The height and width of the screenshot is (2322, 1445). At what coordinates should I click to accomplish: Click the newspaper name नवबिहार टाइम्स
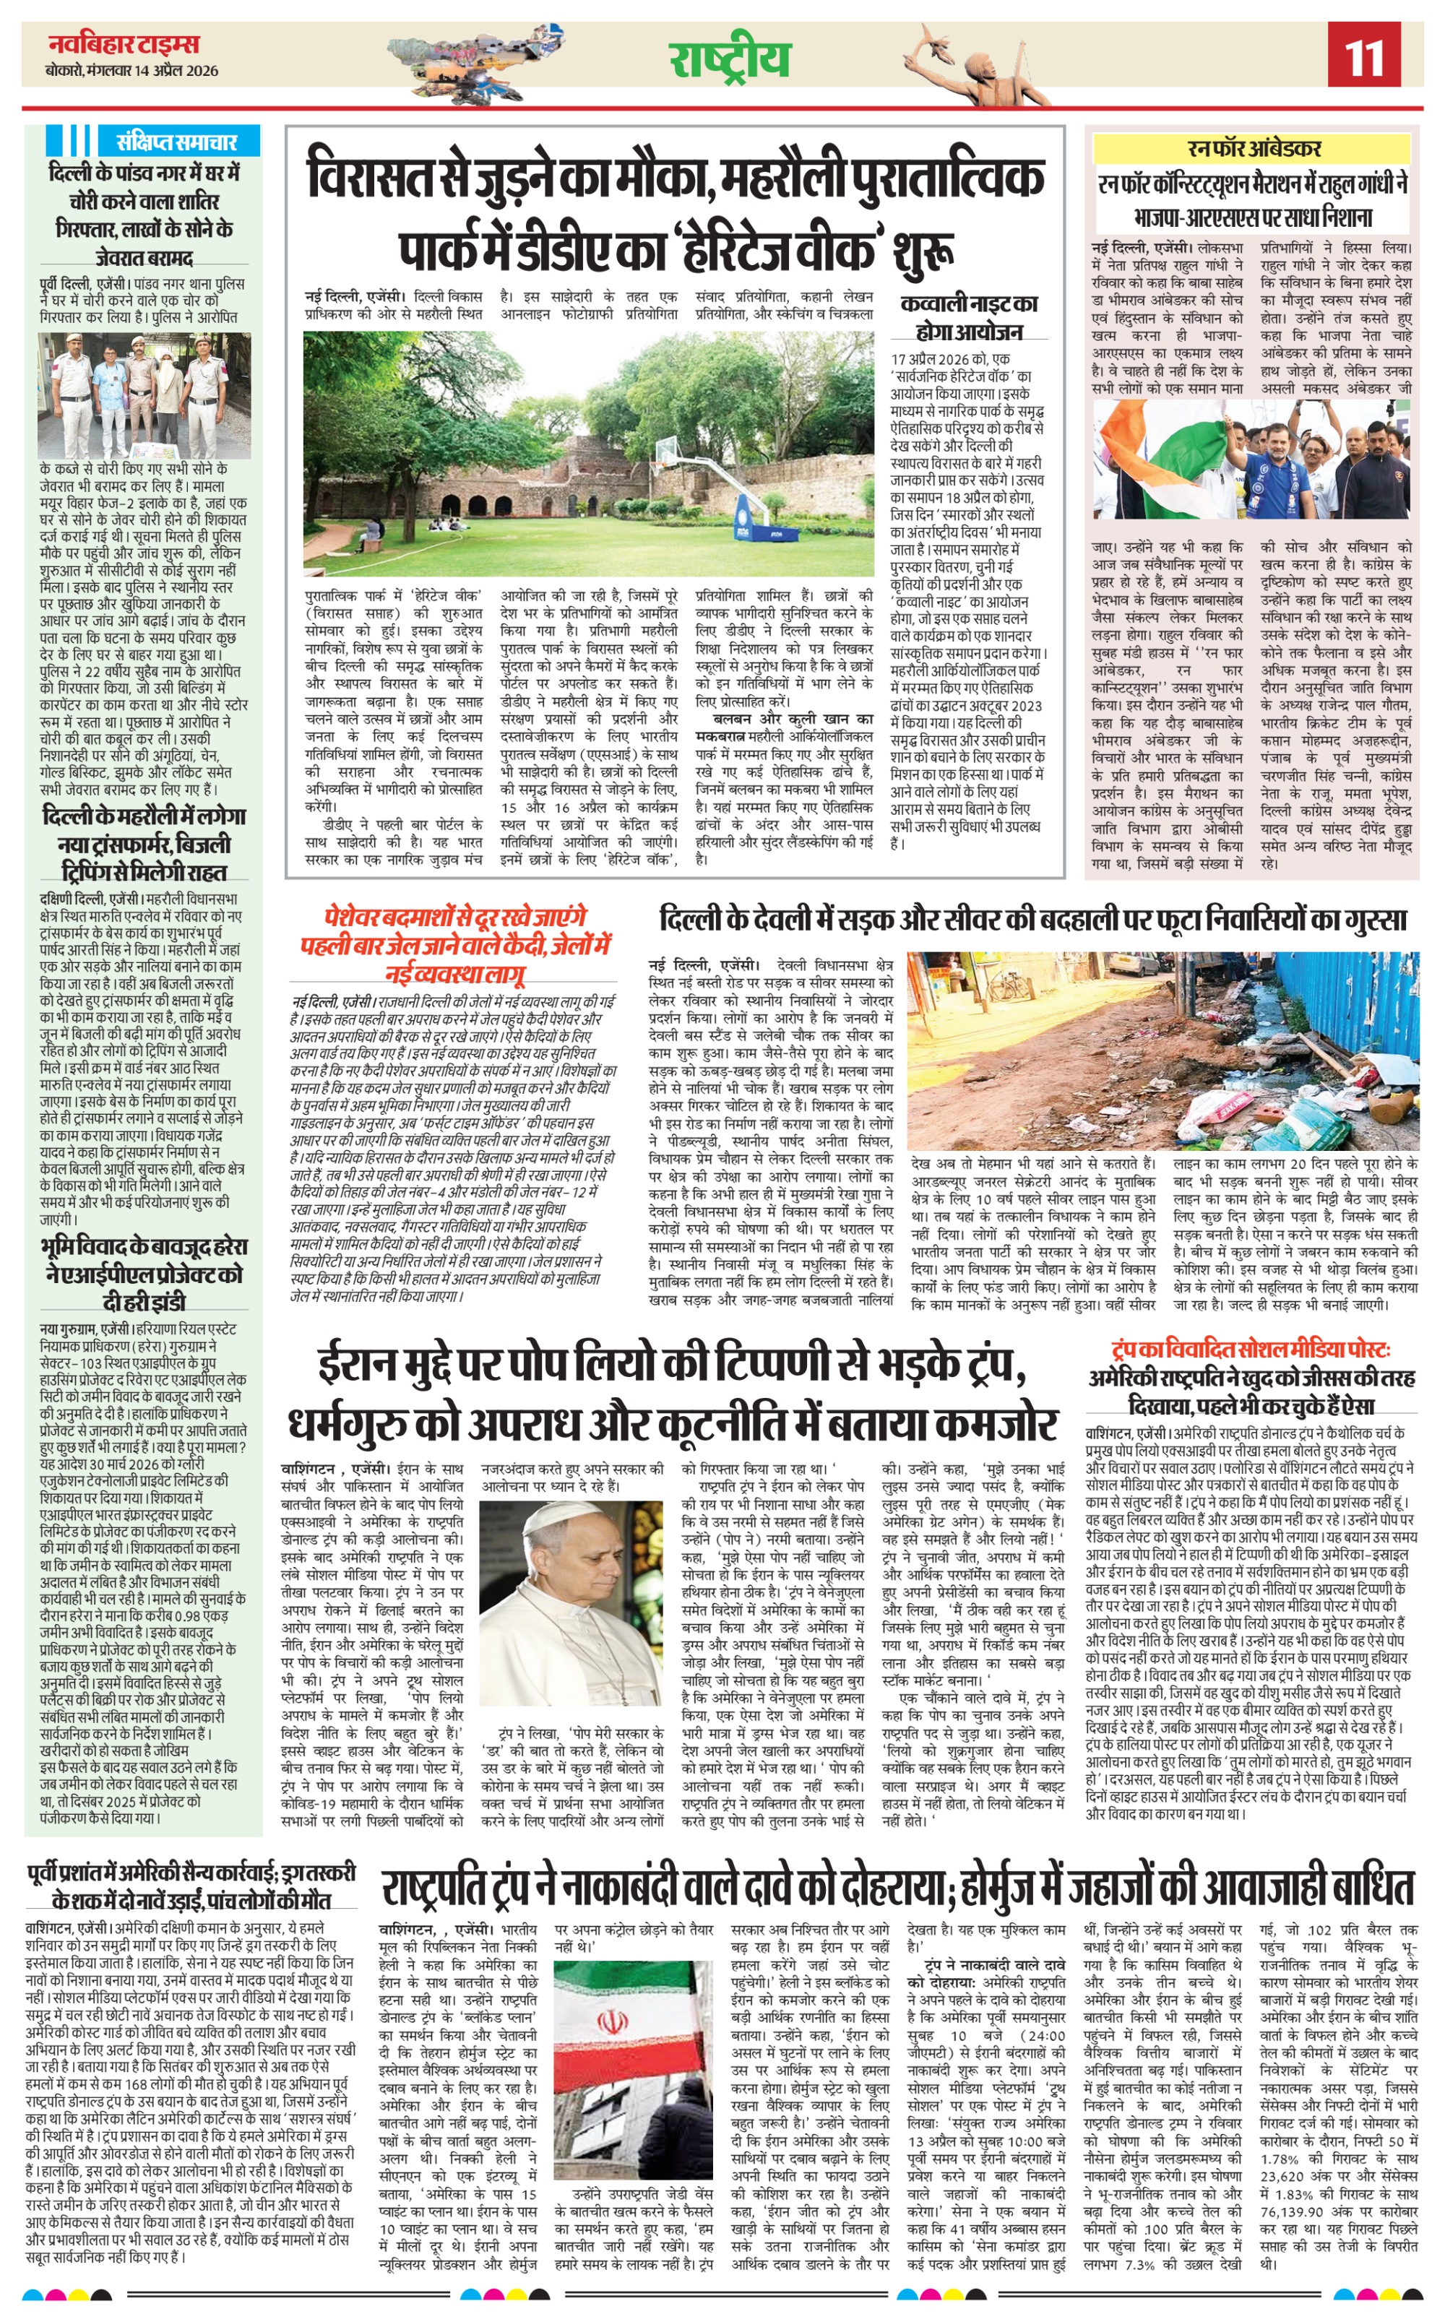[x=124, y=44]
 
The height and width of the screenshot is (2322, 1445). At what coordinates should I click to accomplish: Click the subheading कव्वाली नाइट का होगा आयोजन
[x=969, y=317]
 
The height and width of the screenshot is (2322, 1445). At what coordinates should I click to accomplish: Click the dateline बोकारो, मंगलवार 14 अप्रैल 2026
[x=132, y=71]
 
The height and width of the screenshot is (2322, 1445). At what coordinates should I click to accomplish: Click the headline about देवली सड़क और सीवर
[x=1032, y=920]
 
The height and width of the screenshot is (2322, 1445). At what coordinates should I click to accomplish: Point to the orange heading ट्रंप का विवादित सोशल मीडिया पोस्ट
[x=1250, y=1350]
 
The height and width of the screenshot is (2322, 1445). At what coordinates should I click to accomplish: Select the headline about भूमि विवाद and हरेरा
[x=144, y=1274]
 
